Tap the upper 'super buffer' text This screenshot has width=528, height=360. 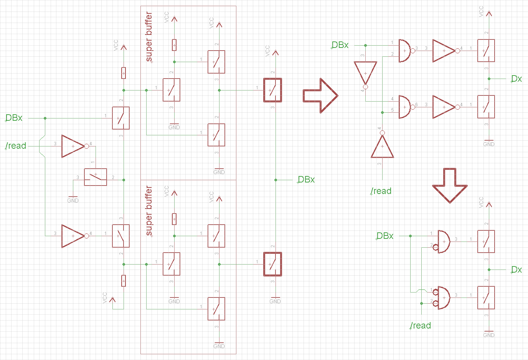[149, 37]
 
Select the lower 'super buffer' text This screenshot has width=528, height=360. [149, 211]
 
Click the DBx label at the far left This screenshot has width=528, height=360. [14, 118]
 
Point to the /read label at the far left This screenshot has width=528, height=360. [16, 146]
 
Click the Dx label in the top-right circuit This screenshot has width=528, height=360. [516, 79]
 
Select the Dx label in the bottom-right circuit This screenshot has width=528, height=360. [516, 270]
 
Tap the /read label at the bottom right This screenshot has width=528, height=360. [421, 326]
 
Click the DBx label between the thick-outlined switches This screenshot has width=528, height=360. [306, 180]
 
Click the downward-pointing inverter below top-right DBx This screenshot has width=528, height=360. [365, 74]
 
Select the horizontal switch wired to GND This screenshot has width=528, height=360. [96, 177]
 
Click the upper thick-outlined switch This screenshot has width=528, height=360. [272, 90]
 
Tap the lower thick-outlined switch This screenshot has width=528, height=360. [272, 264]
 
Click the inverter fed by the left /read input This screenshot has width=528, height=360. [73, 146]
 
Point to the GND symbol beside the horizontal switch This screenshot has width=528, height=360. [73, 199]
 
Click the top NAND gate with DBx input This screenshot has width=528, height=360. [405, 51]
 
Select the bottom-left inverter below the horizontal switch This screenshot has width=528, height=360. [73, 236]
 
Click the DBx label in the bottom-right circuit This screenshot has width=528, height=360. [385, 236]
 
